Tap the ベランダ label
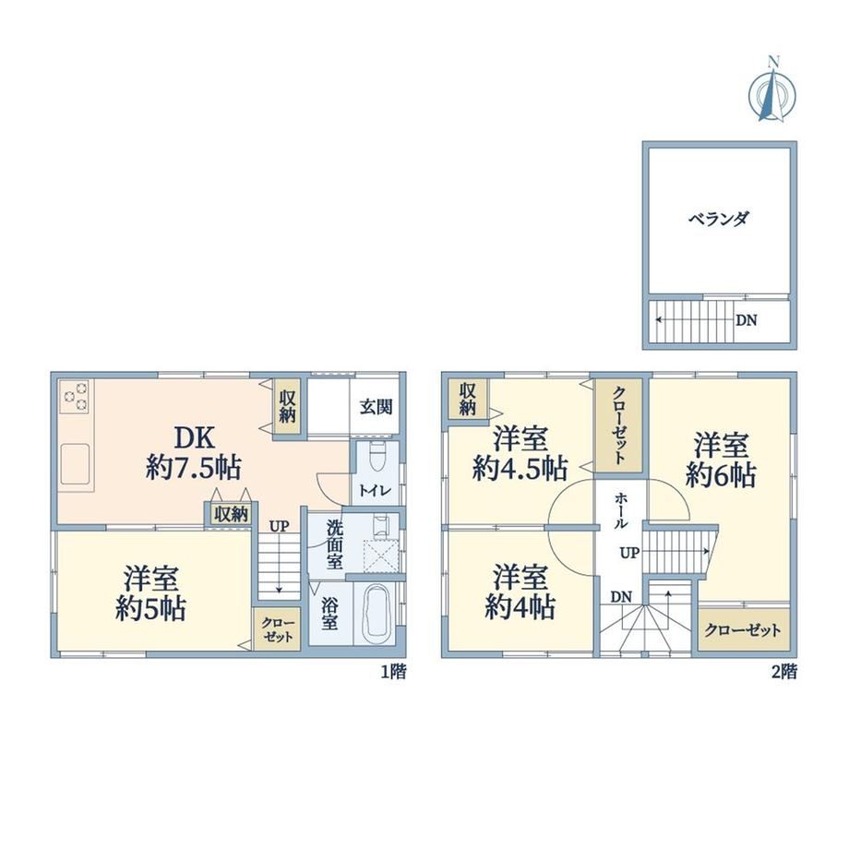[719, 219]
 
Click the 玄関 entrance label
[376, 407]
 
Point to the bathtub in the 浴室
[378, 615]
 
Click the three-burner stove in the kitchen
[76, 397]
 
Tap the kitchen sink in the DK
[76, 463]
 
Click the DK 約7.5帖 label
[193, 453]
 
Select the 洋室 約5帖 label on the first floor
[150, 592]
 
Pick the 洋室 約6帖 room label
[721, 460]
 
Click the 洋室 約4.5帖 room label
[520, 454]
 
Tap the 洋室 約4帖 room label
[520, 592]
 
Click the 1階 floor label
[394, 672]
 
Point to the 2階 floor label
[783, 672]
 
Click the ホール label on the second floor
[620, 510]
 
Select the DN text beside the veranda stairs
[747, 320]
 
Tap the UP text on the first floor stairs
[279, 526]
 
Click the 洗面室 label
[334, 544]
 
